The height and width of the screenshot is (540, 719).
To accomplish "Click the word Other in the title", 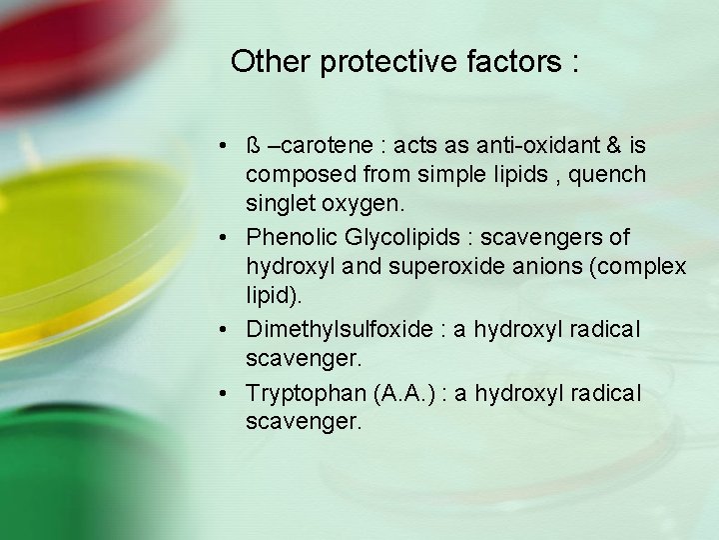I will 271,62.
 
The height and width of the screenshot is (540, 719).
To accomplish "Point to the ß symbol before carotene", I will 253,146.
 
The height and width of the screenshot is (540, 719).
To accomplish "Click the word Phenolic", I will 289,237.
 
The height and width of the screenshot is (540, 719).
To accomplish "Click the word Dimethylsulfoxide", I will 335,329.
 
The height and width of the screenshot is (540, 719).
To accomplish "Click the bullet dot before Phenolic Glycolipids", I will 229,238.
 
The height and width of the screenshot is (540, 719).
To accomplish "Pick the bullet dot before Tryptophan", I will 229,394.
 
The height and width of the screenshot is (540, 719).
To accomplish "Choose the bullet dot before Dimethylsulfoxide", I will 229,330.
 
